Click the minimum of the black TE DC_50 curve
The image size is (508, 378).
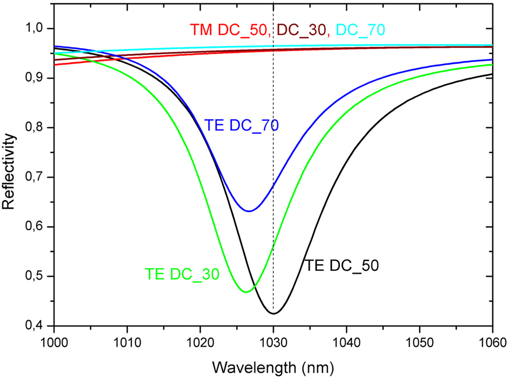273,313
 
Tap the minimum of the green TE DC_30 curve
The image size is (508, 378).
247,292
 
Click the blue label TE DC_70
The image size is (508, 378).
240,125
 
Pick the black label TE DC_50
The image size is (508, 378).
341,266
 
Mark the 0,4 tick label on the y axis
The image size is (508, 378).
38,326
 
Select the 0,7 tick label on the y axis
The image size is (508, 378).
38,177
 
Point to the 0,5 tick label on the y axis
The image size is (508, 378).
38,277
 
